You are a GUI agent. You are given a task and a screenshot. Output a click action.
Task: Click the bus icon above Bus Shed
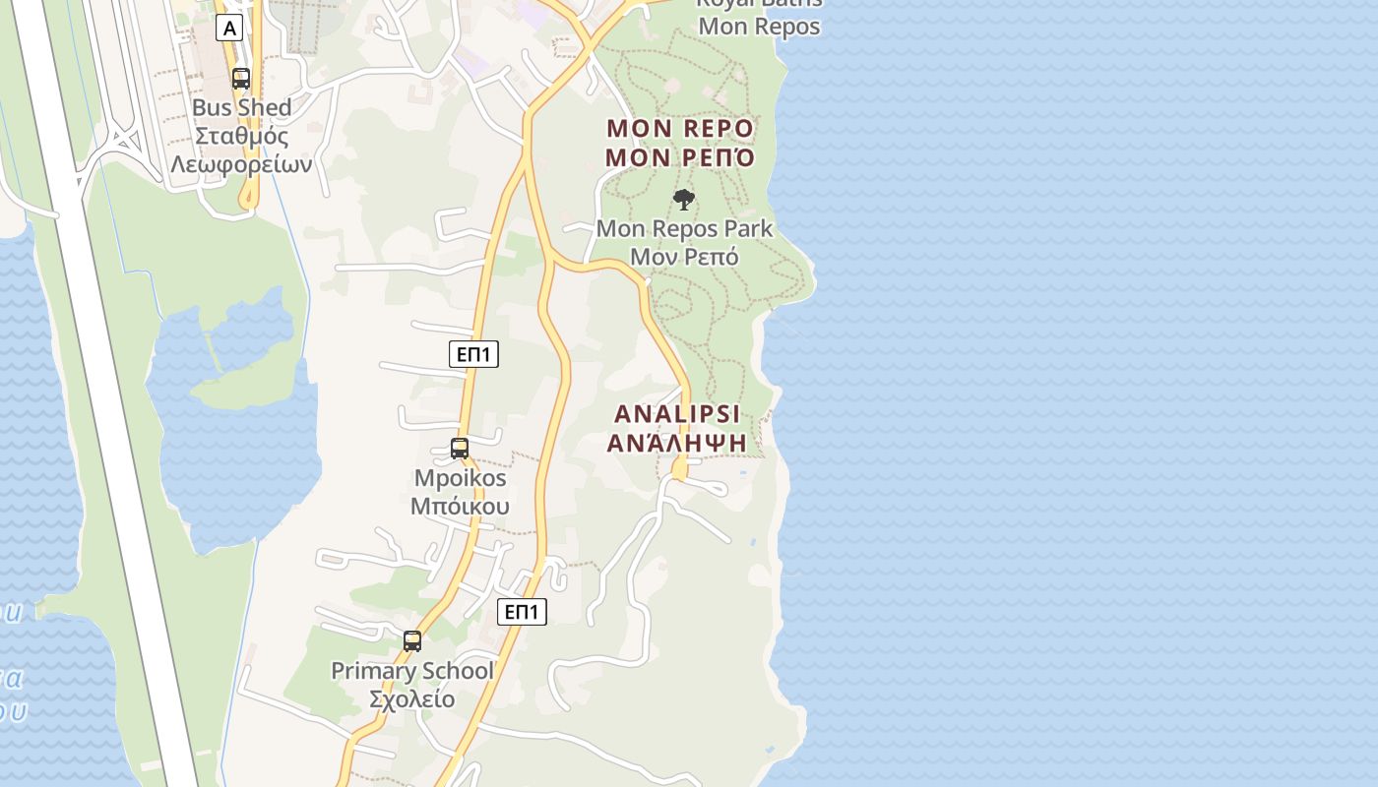(241, 79)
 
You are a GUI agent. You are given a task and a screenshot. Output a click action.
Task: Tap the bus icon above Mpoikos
(460, 449)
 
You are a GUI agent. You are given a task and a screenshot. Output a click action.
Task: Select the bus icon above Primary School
(412, 641)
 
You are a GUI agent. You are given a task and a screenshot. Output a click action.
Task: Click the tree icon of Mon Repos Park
(684, 201)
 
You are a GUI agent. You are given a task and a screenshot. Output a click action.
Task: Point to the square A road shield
(229, 29)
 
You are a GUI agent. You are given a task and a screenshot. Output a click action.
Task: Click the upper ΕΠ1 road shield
(473, 354)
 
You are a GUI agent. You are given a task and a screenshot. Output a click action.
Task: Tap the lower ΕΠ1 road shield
(522, 612)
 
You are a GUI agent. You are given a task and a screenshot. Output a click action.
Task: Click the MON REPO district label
(680, 128)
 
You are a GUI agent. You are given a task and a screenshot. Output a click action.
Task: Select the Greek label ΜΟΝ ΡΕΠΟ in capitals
(680, 157)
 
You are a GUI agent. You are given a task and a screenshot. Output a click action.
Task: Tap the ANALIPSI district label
(677, 413)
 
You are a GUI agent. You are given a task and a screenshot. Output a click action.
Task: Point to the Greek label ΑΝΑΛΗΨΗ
(677, 443)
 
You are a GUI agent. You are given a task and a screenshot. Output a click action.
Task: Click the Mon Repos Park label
(684, 229)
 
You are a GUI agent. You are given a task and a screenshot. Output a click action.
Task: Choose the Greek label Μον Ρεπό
(684, 257)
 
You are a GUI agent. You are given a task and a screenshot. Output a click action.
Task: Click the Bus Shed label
(242, 107)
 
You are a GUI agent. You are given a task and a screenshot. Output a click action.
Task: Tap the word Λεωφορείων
(241, 164)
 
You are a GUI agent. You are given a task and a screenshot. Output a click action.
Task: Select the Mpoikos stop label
(461, 479)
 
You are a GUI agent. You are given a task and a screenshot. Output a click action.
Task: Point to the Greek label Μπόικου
(461, 507)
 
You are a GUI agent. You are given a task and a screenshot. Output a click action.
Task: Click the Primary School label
(412, 671)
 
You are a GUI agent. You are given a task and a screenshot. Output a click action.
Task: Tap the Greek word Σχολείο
(412, 699)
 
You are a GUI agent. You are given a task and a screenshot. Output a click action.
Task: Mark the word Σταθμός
(242, 136)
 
